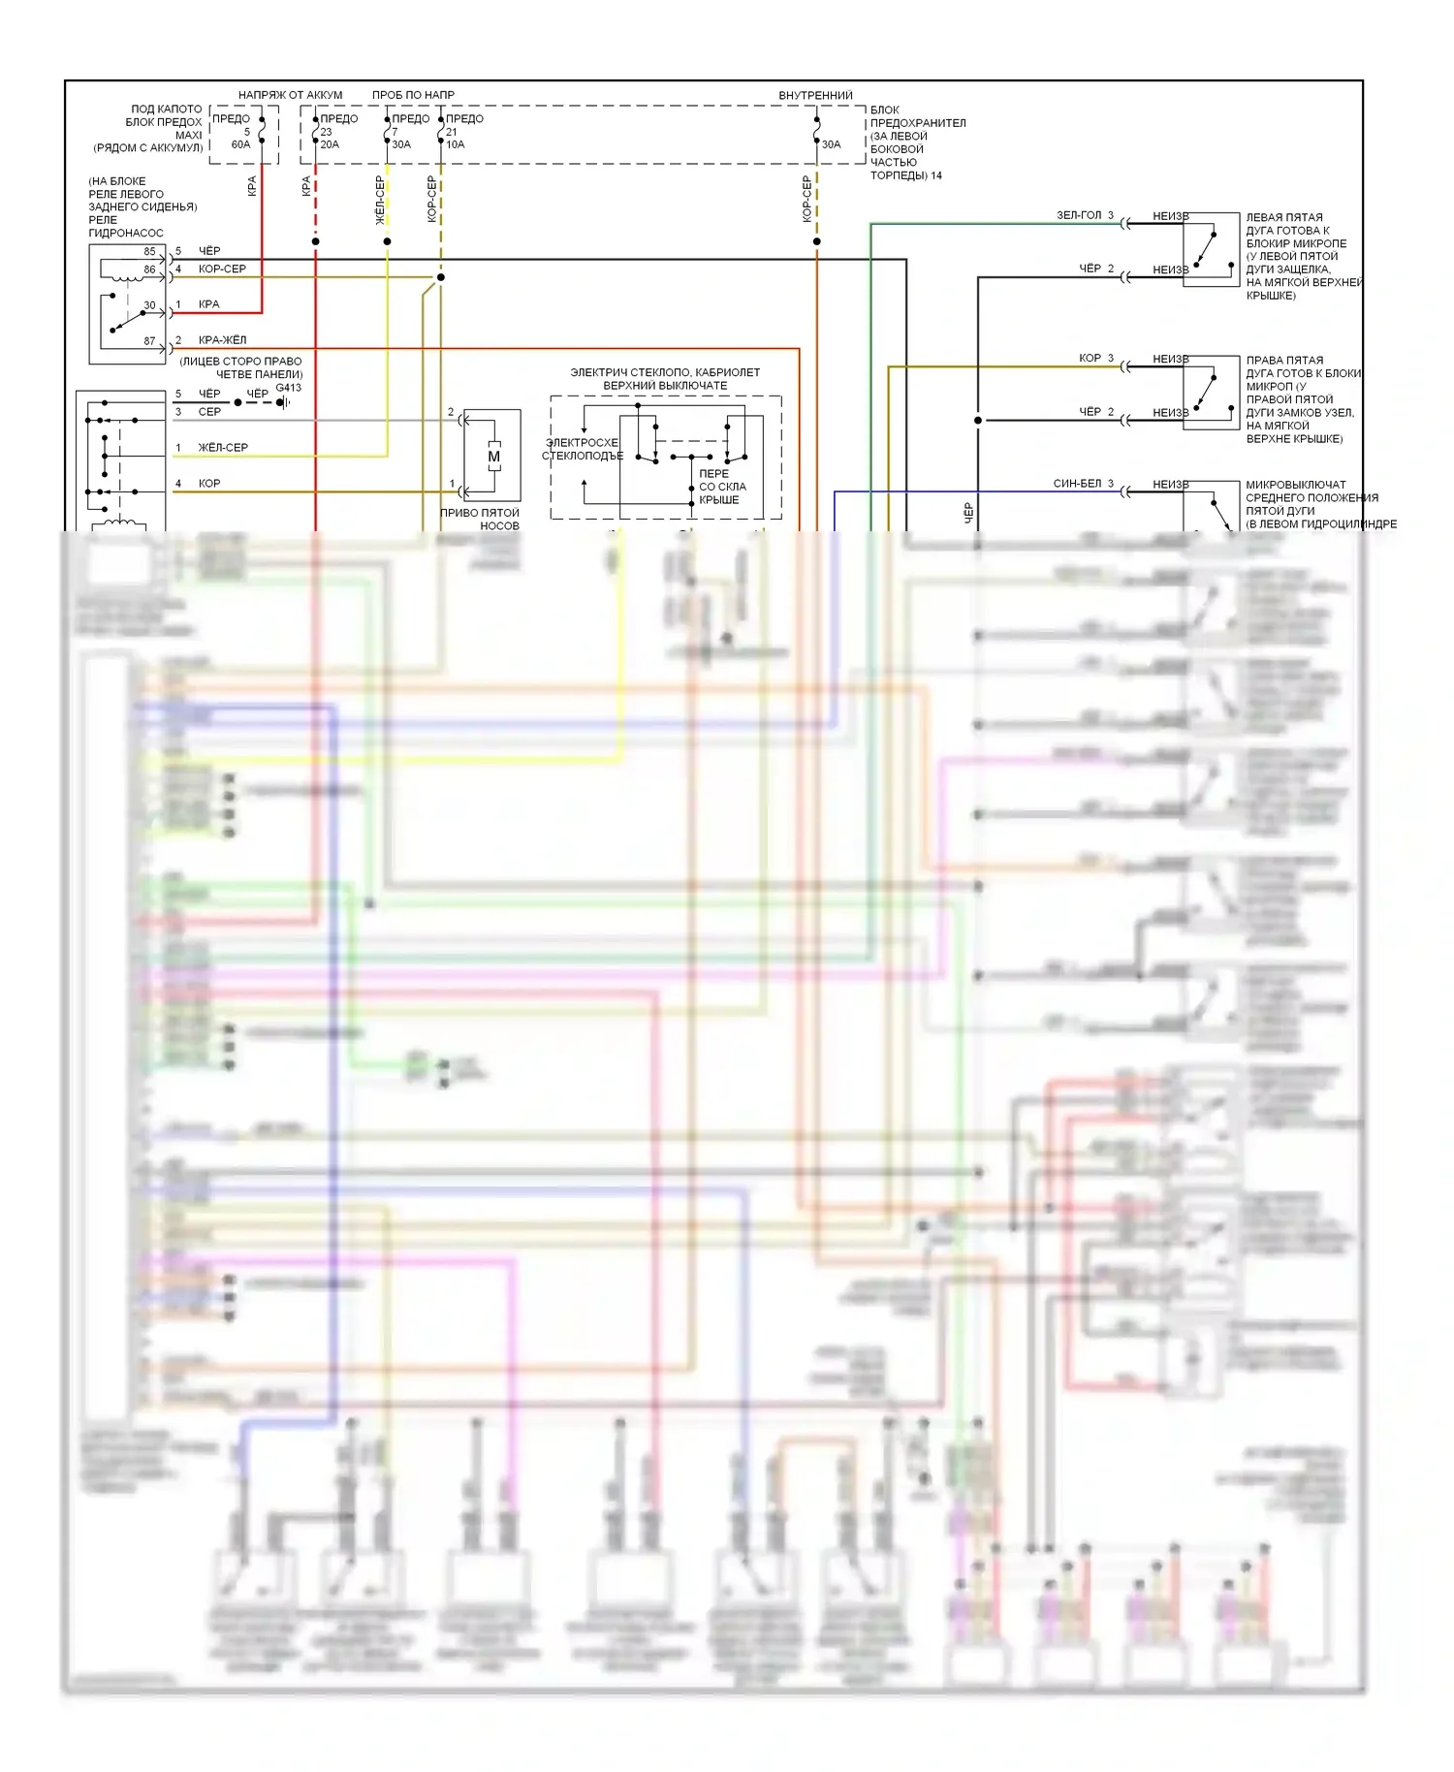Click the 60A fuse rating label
(240, 144)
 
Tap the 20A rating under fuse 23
(330, 144)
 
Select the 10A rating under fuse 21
(455, 144)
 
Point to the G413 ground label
(288, 388)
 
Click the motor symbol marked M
(493, 457)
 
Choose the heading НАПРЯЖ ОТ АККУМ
(290, 95)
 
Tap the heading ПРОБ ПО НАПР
(413, 95)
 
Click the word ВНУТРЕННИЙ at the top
(815, 95)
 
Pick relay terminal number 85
(149, 252)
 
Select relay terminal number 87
(149, 341)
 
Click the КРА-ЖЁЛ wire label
(222, 340)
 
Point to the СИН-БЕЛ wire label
(1077, 483)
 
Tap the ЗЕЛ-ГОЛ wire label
(1079, 215)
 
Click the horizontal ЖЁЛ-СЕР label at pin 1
(223, 448)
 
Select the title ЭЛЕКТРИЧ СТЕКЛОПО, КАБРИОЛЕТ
(665, 372)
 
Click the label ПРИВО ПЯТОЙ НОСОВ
(480, 519)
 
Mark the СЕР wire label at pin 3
(209, 412)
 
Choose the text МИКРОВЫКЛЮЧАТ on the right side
(1295, 485)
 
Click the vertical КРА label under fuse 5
(252, 186)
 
